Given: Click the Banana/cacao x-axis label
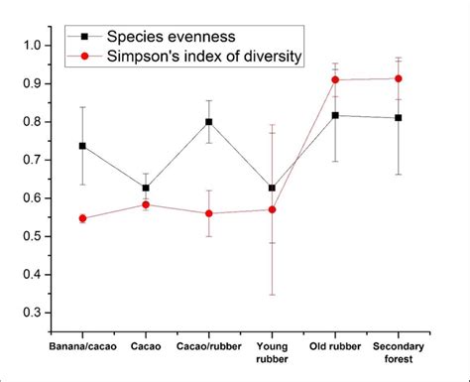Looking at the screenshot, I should tap(82, 347).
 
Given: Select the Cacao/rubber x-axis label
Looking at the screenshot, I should tap(208, 347).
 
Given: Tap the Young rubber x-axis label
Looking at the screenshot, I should tap(272, 354).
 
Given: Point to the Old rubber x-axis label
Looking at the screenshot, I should tap(335, 347).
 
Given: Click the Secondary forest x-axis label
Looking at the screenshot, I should tap(399, 354).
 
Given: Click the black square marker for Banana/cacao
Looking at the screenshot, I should tap(82, 146).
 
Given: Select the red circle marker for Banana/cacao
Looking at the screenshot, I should tap(82, 218).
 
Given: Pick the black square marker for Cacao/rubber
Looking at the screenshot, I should tap(208, 122).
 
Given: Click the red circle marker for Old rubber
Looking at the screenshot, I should tap(335, 79).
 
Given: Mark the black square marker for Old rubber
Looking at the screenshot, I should tap(335, 115).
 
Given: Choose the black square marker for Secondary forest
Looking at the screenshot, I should tap(399, 118).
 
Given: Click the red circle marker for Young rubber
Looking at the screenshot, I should tap(272, 209).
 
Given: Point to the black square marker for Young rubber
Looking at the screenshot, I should tap(272, 188).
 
